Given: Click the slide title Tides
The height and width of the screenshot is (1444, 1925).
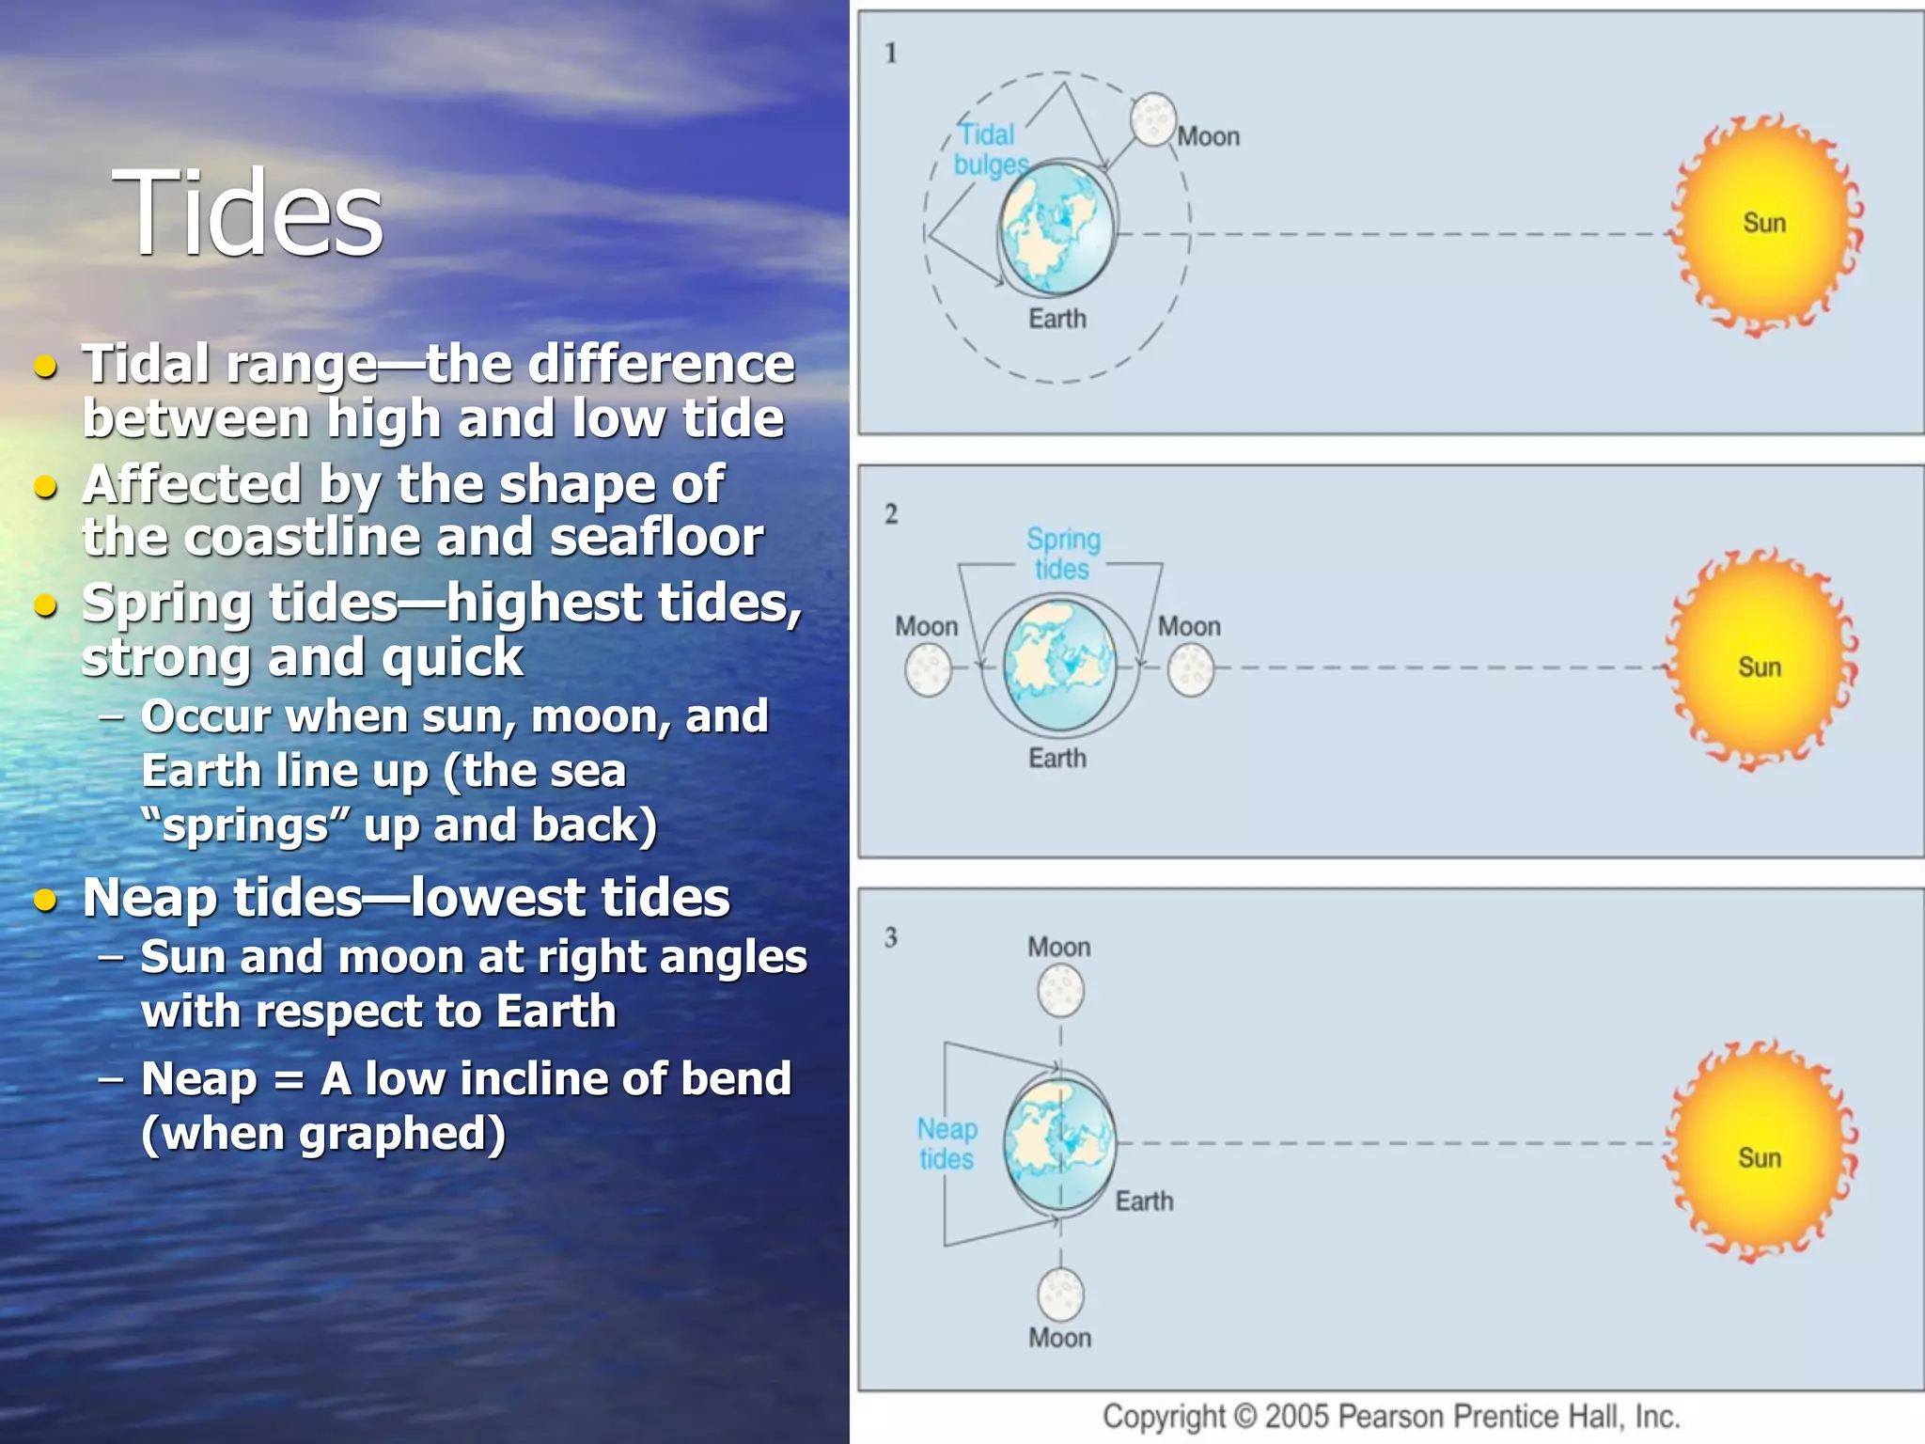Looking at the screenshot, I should click(248, 213).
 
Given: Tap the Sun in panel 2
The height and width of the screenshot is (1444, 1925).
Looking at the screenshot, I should click(1760, 663).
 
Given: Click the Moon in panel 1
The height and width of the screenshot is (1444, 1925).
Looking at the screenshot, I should click(1152, 119).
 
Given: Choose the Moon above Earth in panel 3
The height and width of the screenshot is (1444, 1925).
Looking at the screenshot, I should click(1060, 991).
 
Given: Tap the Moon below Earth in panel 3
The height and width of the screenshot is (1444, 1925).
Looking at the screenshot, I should click(1060, 1294).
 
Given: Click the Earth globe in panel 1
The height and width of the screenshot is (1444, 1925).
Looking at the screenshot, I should click(1056, 228).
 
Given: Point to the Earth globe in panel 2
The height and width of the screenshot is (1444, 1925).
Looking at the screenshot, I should click(1059, 665).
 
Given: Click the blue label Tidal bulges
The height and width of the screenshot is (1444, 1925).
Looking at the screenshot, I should click(990, 149).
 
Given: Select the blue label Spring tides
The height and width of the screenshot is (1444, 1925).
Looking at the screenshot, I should click(1063, 554).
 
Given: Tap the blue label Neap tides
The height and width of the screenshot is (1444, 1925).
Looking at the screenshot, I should click(947, 1143).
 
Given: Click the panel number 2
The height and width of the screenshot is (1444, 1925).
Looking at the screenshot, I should click(891, 514).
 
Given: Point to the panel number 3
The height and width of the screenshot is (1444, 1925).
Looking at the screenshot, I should click(891, 937).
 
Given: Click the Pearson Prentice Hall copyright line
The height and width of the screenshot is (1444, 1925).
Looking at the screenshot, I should click(1390, 1416).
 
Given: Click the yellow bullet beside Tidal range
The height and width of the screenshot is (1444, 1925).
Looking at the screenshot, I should click(45, 366).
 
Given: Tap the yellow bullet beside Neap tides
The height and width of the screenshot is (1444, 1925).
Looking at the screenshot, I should click(45, 900).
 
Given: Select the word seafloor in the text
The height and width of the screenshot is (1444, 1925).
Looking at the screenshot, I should click(656, 538).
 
